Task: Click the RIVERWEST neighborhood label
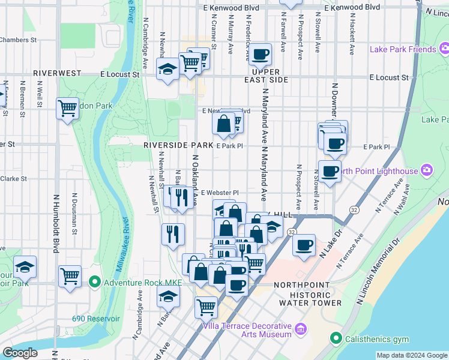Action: pyautogui.click(x=57, y=73)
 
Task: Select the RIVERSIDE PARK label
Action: pyautogui.click(x=178, y=145)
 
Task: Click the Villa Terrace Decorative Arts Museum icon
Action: pyautogui.click(x=301, y=328)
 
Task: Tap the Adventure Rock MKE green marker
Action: pyautogui.click(x=94, y=281)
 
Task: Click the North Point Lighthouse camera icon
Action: pyautogui.click(x=427, y=171)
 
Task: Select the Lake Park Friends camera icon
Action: pyautogui.click(x=442, y=49)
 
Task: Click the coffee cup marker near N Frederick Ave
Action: pyautogui.click(x=261, y=55)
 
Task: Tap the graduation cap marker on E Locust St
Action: pyautogui.click(x=167, y=69)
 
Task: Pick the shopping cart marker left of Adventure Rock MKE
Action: pyautogui.click(x=70, y=277)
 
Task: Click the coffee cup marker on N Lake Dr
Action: pyautogui.click(x=304, y=245)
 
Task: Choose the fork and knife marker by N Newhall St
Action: pyautogui.click(x=173, y=233)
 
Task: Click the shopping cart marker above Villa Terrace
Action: pyautogui.click(x=206, y=307)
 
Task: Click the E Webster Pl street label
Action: pyautogui.click(x=220, y=193)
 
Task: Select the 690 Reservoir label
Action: pyautogui.click(x=95, y=319)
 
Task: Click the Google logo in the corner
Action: pyautogui.click(x=20, y=353)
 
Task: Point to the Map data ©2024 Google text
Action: pyautogui.click(x=411, y=355)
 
